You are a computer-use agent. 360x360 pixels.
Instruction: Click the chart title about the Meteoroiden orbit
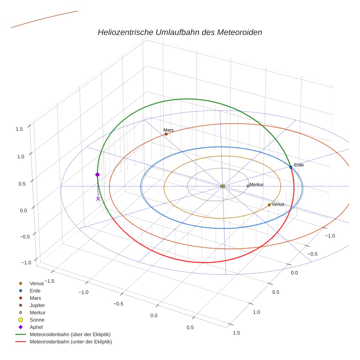click(x=180, y=32)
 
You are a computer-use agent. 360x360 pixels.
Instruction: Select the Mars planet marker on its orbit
click(x=166, y=134)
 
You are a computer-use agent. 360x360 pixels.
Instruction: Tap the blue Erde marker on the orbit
click(x=291, y=167)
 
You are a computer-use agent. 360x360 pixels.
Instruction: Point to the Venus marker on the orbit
click(x=269, y=205)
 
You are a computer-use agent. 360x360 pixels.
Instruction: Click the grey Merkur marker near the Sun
click(x=248, y=186)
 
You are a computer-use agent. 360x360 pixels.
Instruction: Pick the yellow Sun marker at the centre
click(x=222, y=186)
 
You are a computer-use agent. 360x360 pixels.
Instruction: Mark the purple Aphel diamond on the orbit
click(x=97, y=175)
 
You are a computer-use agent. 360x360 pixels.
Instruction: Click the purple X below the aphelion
click(x=98, y=199)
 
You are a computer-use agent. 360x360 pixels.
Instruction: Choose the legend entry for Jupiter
click(x=37, y=305)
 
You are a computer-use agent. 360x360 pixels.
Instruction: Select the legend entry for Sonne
click(x=37, y=320)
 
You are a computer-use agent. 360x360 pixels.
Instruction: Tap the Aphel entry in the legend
click(x=36, y=327)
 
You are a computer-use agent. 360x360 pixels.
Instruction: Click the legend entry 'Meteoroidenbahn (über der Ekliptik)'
click(x=70, y=334)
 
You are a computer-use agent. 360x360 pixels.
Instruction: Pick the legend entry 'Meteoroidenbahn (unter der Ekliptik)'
click(x=71, y=342)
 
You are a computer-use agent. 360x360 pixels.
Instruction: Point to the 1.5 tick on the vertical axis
click(x=19, y=129)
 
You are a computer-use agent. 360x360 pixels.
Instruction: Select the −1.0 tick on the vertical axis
click(x=26, y=263)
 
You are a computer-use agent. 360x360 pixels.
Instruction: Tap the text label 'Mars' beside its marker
click(x=169, y=130)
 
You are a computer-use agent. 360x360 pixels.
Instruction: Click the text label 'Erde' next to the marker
click(x=299, y=165)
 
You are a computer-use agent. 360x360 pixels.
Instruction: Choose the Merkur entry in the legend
click(x=37, y=312)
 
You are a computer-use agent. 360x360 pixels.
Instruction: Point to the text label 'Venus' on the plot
click(x=278, y=205)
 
